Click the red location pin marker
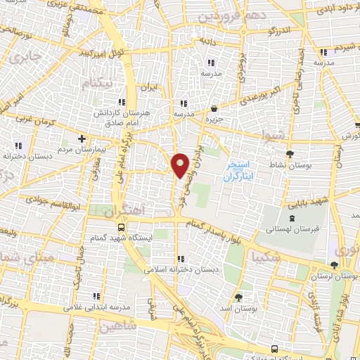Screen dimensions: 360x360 point(181,165)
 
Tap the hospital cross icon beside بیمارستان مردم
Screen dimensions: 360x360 point(82,139)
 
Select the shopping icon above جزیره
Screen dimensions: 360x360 point(214,108)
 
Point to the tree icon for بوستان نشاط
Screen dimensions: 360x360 point(290,154)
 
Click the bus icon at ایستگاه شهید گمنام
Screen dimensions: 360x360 point(122,227)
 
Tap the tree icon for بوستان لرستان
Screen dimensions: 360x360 point(334,265)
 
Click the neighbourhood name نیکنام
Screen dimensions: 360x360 point(96,84)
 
